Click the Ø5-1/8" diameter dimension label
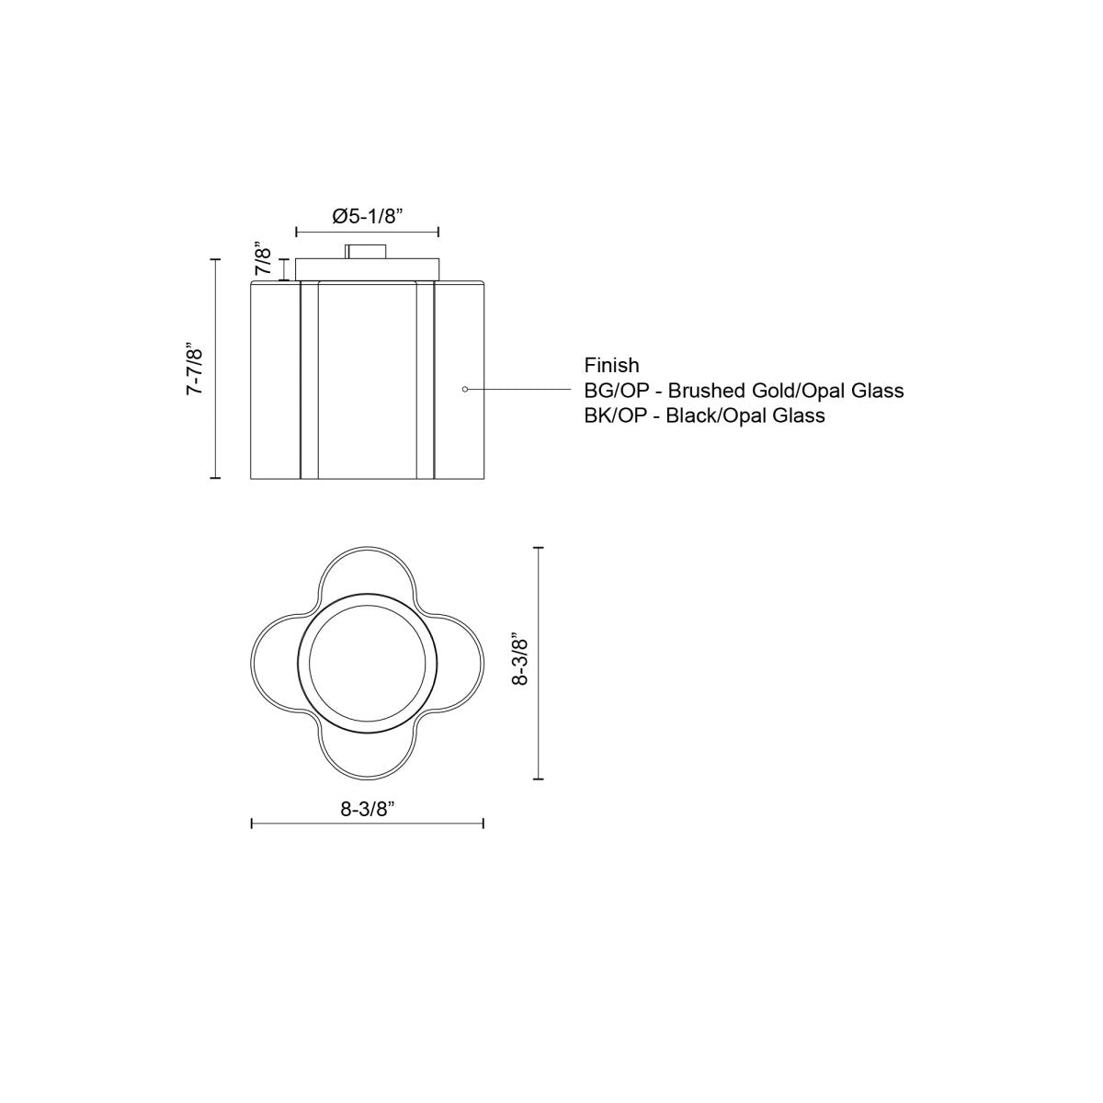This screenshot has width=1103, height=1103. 367,216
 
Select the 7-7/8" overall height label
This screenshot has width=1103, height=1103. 194,369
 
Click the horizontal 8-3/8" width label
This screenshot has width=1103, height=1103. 367,809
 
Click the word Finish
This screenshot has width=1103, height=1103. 611,366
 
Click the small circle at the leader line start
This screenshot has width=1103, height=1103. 465,390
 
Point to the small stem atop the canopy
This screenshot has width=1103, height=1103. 367,251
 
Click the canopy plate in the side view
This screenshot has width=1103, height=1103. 367,269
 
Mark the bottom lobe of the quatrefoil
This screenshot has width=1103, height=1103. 367,752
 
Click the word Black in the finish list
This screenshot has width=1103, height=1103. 689,415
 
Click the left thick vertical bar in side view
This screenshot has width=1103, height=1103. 301,381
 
